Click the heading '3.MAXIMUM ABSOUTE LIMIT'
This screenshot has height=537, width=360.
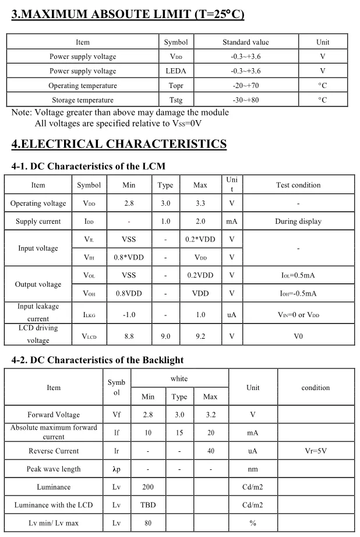click(x=128, y=13)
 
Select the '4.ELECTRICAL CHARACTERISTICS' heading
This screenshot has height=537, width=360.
click(x=119, y=143)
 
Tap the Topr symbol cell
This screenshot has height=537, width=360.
click(x=176, y=86)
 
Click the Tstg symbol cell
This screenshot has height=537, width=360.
click(x=176, y=100)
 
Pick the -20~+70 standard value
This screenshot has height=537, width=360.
click(x=246, y=86)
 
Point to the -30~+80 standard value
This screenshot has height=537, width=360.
click(x=246, y=100)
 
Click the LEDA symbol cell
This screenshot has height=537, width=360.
click(x=176, y=71)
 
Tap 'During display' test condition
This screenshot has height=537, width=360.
click(x=298, y=222)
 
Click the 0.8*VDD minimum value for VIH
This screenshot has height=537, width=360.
click(x=129, y=257)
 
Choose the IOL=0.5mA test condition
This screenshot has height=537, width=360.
click(x=298, y=275)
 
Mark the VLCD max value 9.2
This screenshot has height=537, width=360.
click(x=200, y=336)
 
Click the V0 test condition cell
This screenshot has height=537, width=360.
click(x=298, y=336)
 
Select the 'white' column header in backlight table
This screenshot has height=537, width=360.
click(x=179, y=379)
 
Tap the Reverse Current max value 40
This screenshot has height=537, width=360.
click(x=210, y=451)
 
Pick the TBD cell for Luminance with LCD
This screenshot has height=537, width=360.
click(x=148, y=505)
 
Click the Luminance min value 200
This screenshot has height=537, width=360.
click(x=148, y=487)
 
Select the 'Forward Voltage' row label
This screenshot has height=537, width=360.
click(x=54, y=415)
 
